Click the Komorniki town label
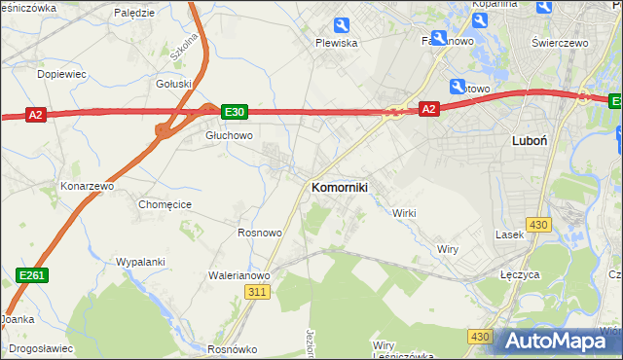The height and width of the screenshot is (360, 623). (339, 187)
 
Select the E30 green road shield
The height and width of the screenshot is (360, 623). (234, 112)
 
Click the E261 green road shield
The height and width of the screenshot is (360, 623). (32, 276)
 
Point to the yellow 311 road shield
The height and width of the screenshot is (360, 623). (257, 292)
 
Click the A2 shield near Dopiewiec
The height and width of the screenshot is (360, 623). (35, 115)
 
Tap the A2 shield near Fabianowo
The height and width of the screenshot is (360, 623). (428, 110)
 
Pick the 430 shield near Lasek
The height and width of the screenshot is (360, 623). (538, 225)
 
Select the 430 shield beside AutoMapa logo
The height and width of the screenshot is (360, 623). (478, 337)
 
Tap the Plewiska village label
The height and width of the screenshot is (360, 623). (337, 43)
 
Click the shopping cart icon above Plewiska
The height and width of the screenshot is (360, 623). (341, 25)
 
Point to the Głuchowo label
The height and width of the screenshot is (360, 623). (229, 136)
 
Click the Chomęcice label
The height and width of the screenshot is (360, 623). (165, 204)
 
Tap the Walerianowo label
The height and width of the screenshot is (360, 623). (239, 275)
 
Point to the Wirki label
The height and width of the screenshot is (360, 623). (404, 212)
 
